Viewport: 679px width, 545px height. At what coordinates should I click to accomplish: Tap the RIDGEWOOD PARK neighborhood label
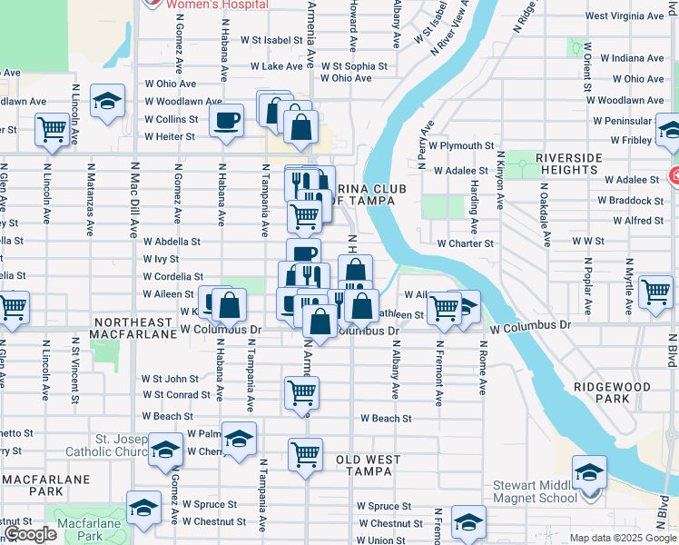(x=613, y=392)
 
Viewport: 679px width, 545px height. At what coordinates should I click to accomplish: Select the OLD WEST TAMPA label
(x=369, y=461)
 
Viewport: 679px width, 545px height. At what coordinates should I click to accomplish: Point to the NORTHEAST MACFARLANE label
(x=133, y=328)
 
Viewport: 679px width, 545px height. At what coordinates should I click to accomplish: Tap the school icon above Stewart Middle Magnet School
(x=589, y=473)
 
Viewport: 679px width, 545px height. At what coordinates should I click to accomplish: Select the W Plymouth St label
(x=462, y=145)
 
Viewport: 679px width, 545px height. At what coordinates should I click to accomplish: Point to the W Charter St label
(x=465, y=243)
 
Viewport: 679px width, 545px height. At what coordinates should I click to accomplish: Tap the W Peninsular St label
(x=624, y=120)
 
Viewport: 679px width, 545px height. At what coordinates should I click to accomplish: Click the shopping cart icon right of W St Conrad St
(x=302, y=393)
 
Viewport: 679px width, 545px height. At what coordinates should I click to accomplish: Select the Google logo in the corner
(x=29, y=534)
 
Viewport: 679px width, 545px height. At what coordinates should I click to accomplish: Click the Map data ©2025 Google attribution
(x=622, y=538)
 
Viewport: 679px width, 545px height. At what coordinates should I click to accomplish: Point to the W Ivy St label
(x=161, y=259)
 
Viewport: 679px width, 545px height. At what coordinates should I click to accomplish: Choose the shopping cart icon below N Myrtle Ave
(x=656, y=292)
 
